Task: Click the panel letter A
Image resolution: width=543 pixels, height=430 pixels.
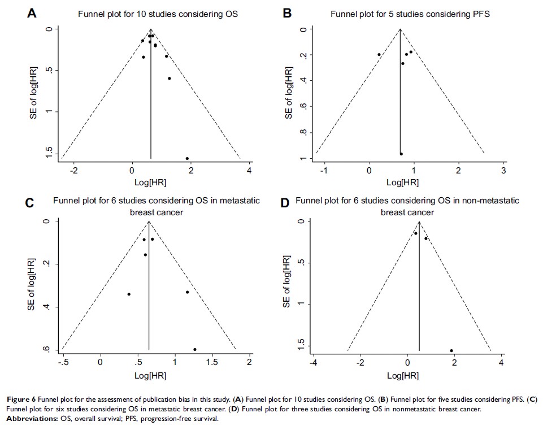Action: coord(33,13)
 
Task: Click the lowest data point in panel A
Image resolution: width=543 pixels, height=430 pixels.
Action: coord(187,158)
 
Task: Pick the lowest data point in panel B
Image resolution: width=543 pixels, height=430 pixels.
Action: coord(401,154)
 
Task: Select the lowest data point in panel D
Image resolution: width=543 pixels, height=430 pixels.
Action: coord(451,351)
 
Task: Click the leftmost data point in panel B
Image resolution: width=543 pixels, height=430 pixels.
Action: coord(379,55)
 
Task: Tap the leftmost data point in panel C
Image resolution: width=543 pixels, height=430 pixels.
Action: coord(129,294)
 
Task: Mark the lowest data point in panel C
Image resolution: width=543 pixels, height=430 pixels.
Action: coord(195,349)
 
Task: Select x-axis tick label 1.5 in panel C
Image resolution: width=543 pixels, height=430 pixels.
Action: coord(212,362)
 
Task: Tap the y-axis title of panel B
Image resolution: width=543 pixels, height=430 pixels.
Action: coord(288,93)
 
